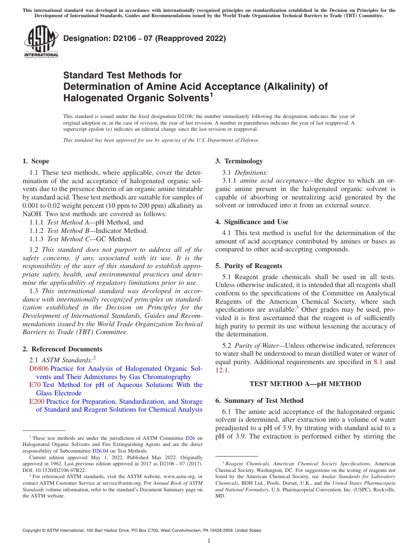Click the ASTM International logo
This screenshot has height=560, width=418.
pyautogui.click(x=41, y=42)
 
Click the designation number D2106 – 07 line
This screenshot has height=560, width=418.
pyautogui.click(x=144, y=38)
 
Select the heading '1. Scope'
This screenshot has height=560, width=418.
pyautogui.click(x=36, y=161)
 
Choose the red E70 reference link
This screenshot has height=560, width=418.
pyautogui.click(x=35, y=385)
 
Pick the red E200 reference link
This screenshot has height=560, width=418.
pyautogui.click(x=37, y=402)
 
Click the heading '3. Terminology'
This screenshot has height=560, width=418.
pyautogui.click(x=239, y=161)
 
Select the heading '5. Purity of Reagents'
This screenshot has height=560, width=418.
pyautogui.click(x=249, y=266)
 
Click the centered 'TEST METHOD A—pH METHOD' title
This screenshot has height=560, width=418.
pyautogui.click(x=305, y=384)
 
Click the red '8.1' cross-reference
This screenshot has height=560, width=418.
pyautogui.click(x=378, y=362)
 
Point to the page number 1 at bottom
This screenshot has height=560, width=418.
pyautogui.click(x=209, y=541)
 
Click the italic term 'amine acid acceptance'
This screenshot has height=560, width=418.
pyautogui.click(x=274, y=181)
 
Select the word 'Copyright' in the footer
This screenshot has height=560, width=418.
pyautogui.click(x=33, y=531)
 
